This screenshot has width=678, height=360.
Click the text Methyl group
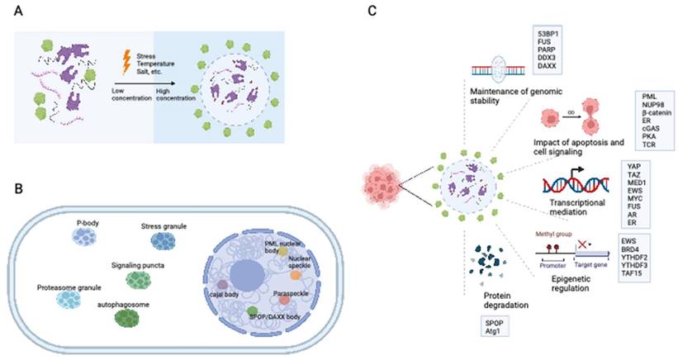(x=552, y=234)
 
